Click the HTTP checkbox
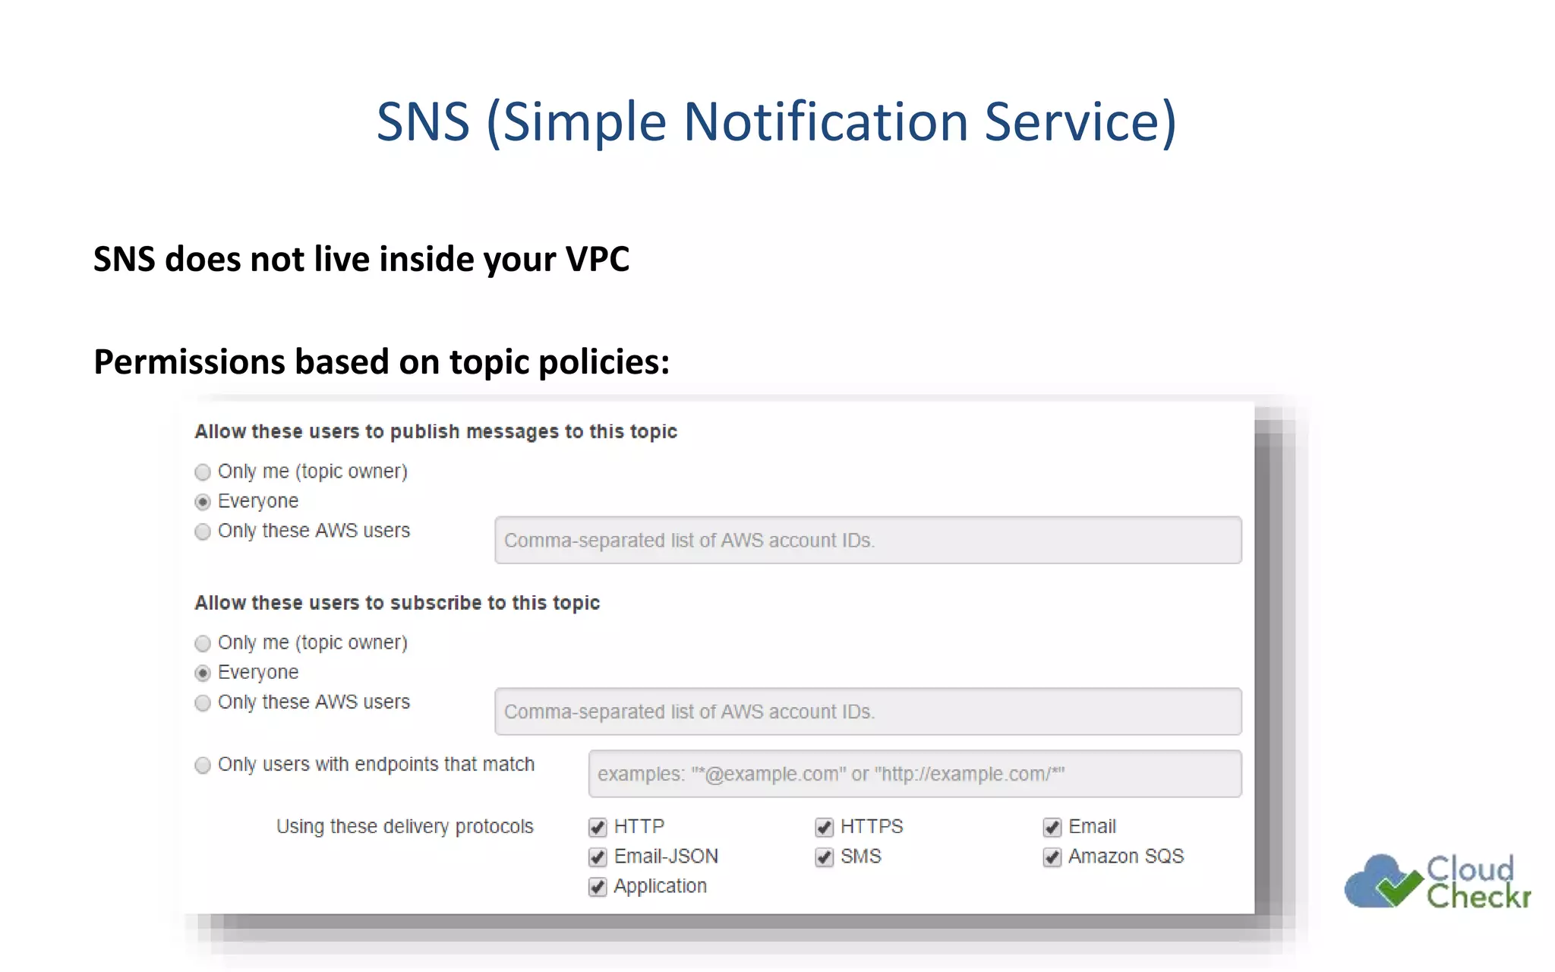[x=598, y=827]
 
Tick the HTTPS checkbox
[x=824, y=827]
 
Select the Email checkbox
[x=1052, y=827]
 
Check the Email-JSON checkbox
[x=598, y=857]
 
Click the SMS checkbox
[x=824, y=857]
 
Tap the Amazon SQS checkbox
[x=1052, y=857]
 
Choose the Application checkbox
[x=598, y=887]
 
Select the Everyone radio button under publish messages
[x=203, y=502]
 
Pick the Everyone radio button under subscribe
[x=203, y=674]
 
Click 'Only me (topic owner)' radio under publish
[x=203, y=472]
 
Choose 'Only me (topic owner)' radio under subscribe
[x=203, y=644]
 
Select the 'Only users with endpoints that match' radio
[x=203, y=765]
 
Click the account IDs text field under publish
[x=867, y=540]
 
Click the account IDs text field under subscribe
[x=867, y=712]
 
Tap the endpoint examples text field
[x=914, y=774]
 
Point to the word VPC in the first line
[x=598, y=260]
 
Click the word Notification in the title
[x=825, y=121]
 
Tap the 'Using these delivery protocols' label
[x=405, y=826]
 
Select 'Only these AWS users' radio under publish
[x=203, y=532]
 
